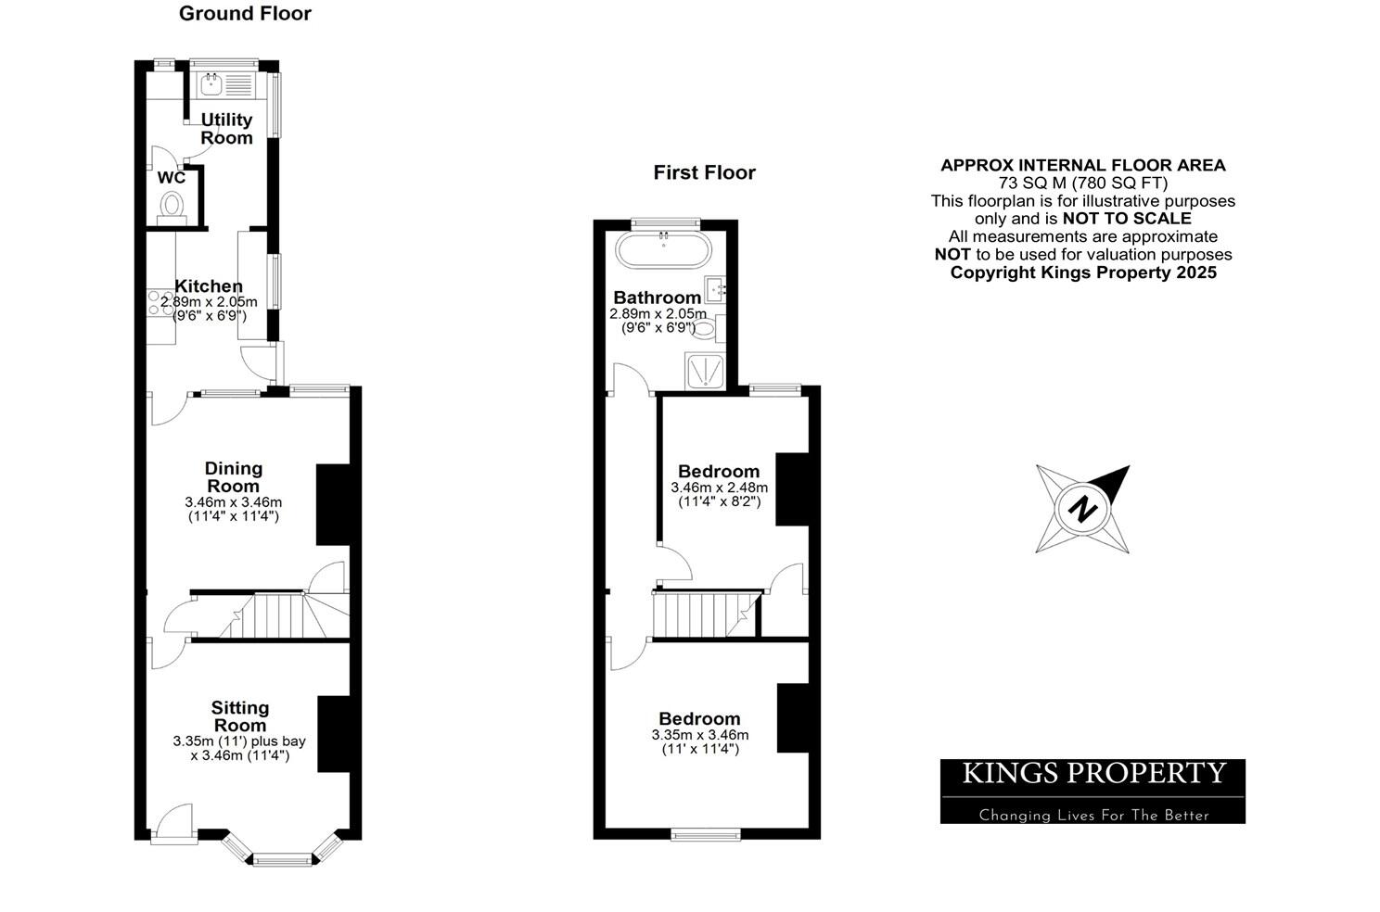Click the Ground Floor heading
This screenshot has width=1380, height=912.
[245, 14]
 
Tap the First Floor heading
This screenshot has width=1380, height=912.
[704, 172]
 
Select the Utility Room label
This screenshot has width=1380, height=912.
[226, 129]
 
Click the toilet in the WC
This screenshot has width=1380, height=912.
[172, 206]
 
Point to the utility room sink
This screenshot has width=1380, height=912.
[211, 86]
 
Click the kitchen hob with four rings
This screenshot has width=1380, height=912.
[160, 304]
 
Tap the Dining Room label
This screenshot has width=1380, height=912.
[233, 477]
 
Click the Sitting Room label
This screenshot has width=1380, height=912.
[240, 716]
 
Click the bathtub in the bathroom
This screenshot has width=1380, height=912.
[664, 251]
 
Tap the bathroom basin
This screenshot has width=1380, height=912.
[716, 290]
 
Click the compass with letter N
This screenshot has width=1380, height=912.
[1082, 509]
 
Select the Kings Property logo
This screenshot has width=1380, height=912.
[1092, 791]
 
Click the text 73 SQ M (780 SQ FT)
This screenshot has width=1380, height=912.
[1082, 184]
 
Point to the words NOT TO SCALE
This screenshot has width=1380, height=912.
[1127, 219]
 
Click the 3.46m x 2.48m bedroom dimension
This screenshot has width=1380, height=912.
[719, 488]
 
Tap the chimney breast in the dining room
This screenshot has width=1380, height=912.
[333, 504]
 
